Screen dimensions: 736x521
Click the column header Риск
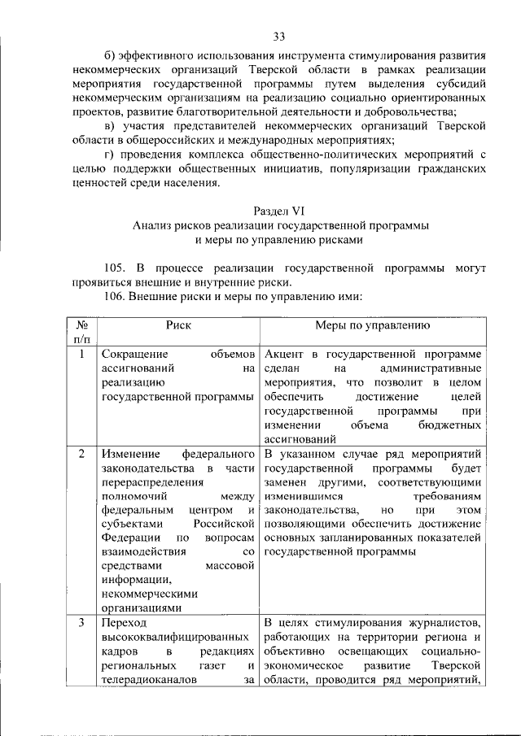coord(178,325)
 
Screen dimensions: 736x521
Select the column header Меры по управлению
coord(372,325)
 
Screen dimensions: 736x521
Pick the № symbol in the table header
coord(81,325)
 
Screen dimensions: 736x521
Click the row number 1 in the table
coord(81,355)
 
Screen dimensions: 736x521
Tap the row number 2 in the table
coord(81,453)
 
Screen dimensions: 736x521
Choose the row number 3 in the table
coord(81,623)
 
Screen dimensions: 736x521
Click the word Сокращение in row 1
coord(135,355)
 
